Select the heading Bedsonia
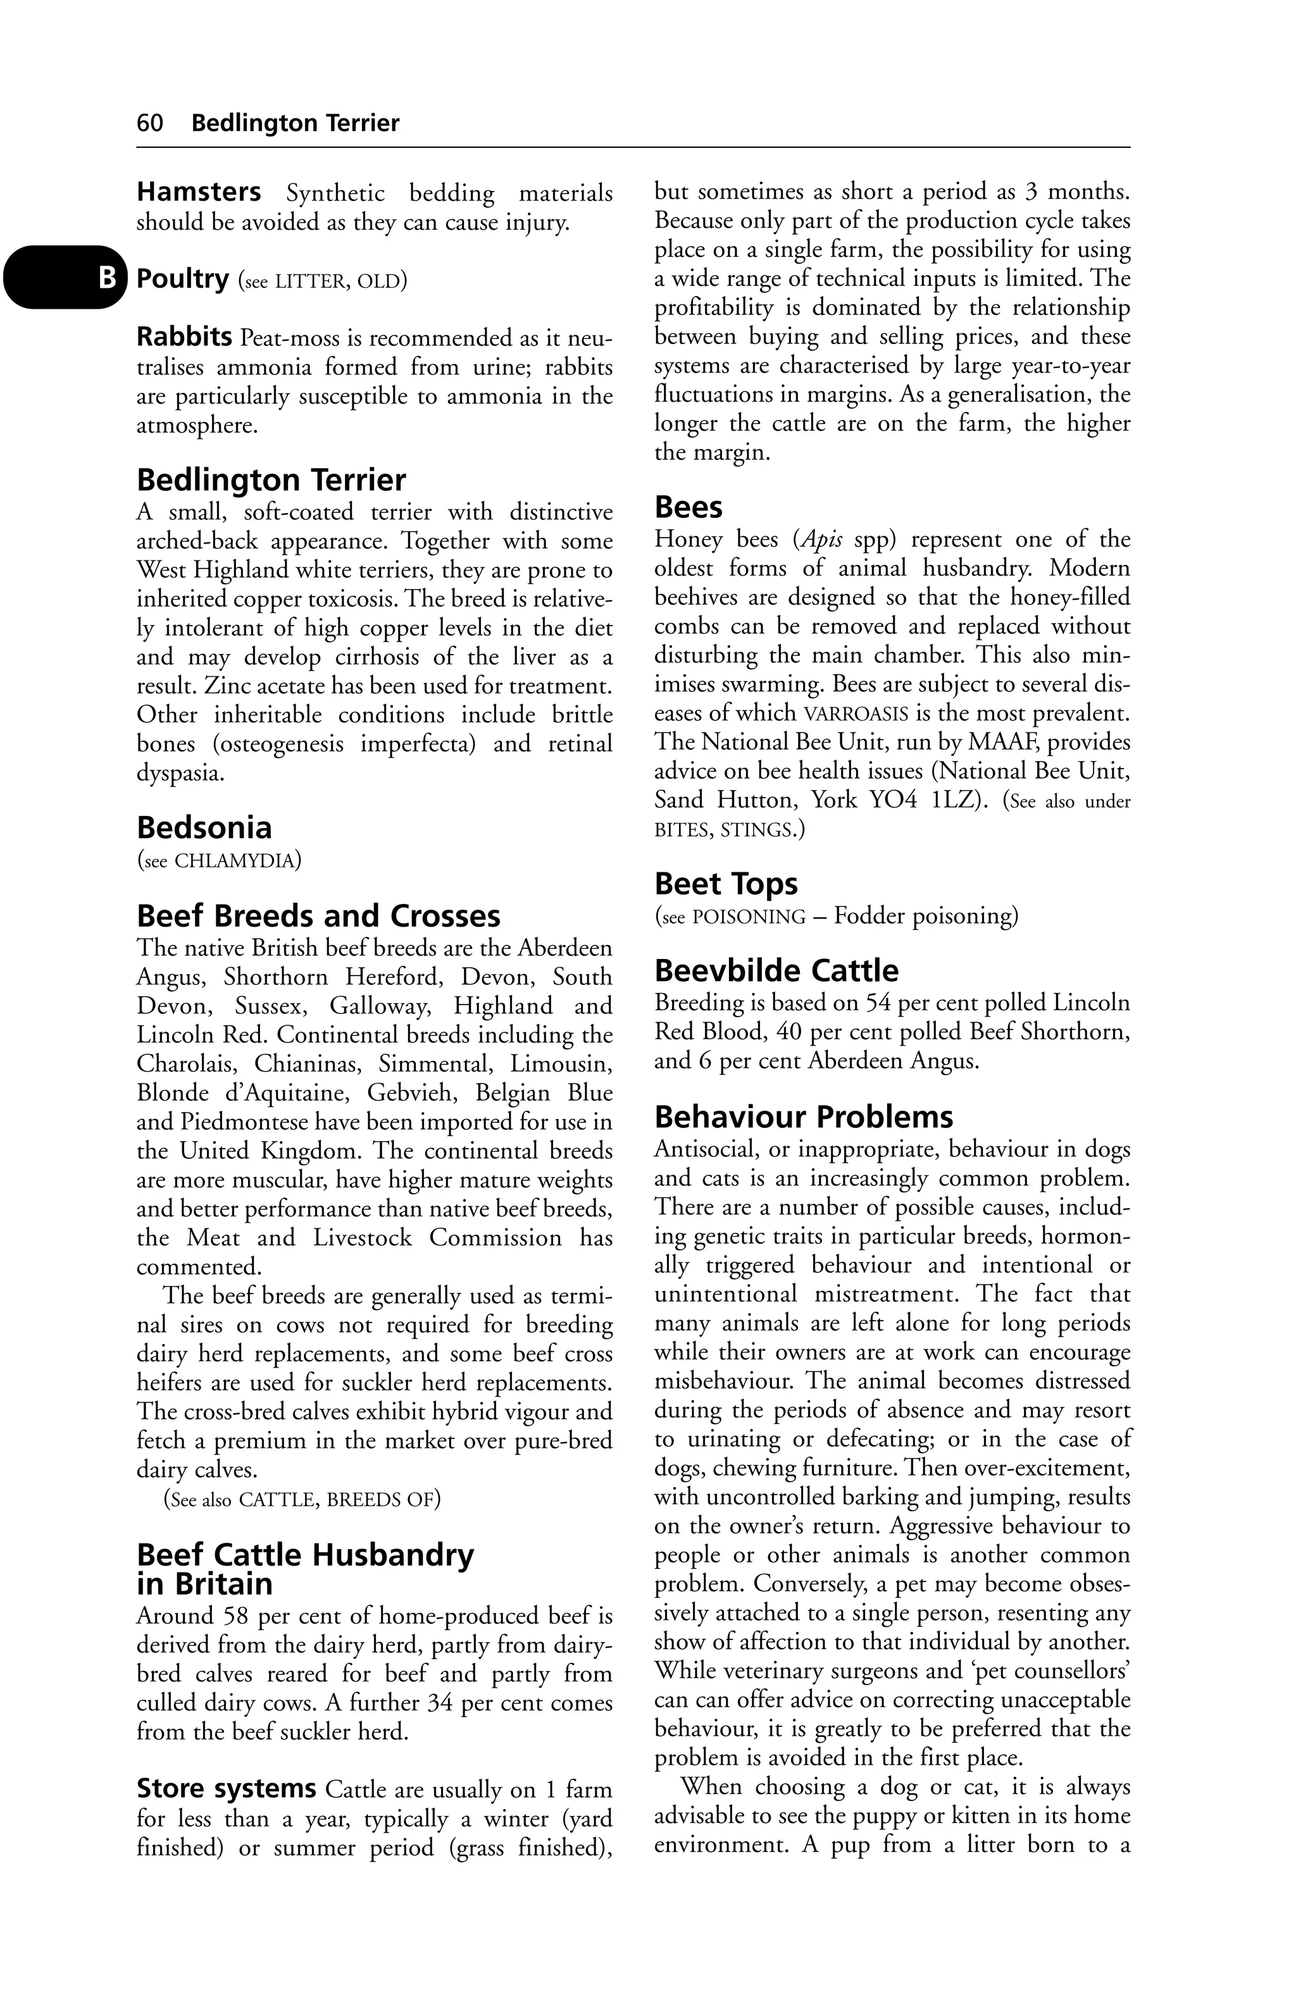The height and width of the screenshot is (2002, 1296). coord(204,828)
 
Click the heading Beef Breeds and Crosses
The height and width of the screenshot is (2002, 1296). coord(318,916)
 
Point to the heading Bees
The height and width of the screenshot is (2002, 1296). coord(688,507)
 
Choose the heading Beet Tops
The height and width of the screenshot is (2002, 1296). coord(725,884)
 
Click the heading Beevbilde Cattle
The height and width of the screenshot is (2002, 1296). coord(776,971)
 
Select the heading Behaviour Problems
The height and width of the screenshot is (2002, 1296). coord(804,1117)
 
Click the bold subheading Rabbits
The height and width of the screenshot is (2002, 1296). coord(184,337)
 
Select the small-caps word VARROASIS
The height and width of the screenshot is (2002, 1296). coord(856,714)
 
